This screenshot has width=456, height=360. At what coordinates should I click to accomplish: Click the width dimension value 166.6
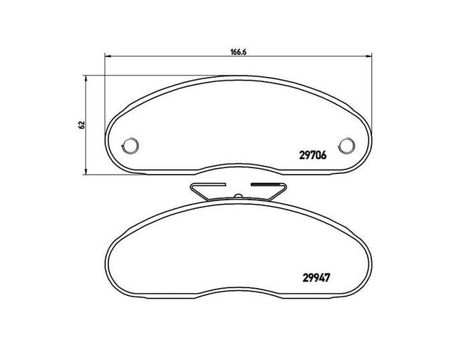[238, 51]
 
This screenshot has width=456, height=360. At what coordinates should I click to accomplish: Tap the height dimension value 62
[82, 124]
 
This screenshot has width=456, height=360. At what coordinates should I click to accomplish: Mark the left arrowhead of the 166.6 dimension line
[108, 57]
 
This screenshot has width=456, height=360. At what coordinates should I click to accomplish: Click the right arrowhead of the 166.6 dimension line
[368, 57]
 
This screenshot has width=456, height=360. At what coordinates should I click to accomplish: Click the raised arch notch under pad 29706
[238, 168]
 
